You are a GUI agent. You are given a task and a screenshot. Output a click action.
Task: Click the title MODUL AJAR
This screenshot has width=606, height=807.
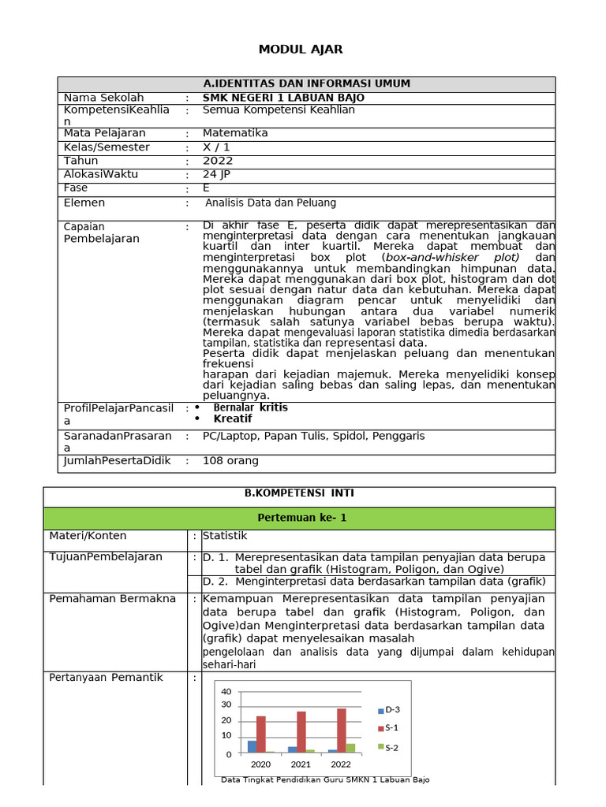point(301,50)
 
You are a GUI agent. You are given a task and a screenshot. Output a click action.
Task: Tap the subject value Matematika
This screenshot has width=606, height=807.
point(235,133)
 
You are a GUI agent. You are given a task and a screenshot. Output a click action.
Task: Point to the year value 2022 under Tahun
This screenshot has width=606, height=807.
point(218,161)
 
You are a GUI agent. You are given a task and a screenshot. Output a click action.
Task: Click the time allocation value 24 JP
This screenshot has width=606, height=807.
point(217,174)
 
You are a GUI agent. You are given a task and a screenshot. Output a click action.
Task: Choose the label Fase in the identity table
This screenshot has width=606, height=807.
point(76,188)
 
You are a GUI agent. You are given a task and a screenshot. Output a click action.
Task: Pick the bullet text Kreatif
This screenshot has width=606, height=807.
point(233,418)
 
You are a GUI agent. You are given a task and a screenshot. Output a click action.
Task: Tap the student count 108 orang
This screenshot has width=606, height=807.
point(230,461)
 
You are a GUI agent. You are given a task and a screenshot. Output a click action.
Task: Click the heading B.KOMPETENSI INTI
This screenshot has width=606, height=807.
point(299,493)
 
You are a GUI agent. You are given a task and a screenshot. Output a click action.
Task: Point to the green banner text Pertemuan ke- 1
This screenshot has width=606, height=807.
point(302,518)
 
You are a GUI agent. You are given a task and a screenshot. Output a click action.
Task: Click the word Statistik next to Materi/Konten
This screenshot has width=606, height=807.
point(225,536)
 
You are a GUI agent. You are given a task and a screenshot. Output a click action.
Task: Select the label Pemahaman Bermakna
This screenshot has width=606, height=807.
point(113,599)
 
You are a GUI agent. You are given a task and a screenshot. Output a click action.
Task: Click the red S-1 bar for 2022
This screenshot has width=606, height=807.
point(341,731)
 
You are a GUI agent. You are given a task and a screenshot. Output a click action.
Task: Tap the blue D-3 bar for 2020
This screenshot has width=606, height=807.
point(252,746)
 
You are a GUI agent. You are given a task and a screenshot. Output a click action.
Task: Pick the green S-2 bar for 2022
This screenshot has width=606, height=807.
point(350,748)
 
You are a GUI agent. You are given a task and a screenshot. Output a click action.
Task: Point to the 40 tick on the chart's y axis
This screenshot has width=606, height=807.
point(226,692)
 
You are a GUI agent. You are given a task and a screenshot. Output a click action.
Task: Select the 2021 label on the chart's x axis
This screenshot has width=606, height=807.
point(301,764)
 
